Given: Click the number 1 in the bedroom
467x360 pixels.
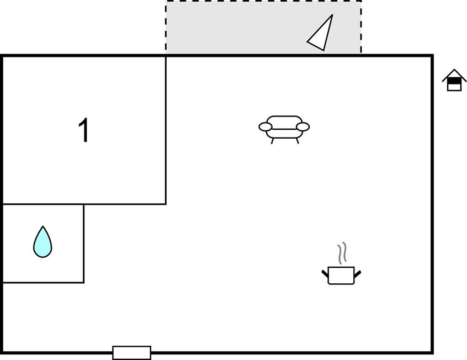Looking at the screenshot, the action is (84, 130).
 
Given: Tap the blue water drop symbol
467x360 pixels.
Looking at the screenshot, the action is (43, 242).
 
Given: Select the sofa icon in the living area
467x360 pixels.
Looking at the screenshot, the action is (284, 130).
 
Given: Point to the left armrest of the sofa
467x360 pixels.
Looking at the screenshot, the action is (266, 127).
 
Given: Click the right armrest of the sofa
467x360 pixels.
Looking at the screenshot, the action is (303, 127).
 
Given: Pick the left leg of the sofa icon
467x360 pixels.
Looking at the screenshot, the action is (272, 141).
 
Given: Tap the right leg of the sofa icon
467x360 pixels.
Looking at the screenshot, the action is (297, 141).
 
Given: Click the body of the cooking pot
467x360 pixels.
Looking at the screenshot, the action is (341, 276).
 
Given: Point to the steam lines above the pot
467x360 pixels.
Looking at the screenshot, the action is (342, 253).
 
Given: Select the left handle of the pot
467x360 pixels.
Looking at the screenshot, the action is (325, 273).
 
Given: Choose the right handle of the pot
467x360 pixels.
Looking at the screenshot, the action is (357, 273).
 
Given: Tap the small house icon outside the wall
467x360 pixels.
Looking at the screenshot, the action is (454, 80).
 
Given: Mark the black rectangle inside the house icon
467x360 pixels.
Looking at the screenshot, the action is (454, 81).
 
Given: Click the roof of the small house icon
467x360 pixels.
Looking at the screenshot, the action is (454, 75).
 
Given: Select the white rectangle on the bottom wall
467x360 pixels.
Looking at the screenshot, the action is (131, 353).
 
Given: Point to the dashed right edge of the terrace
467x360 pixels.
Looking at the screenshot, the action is (361, 28).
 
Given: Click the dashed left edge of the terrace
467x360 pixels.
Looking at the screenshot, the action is (166, 28).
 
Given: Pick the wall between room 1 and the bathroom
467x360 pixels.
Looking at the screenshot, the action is (44, 204).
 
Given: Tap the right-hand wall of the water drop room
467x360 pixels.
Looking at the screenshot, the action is (84, 243).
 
